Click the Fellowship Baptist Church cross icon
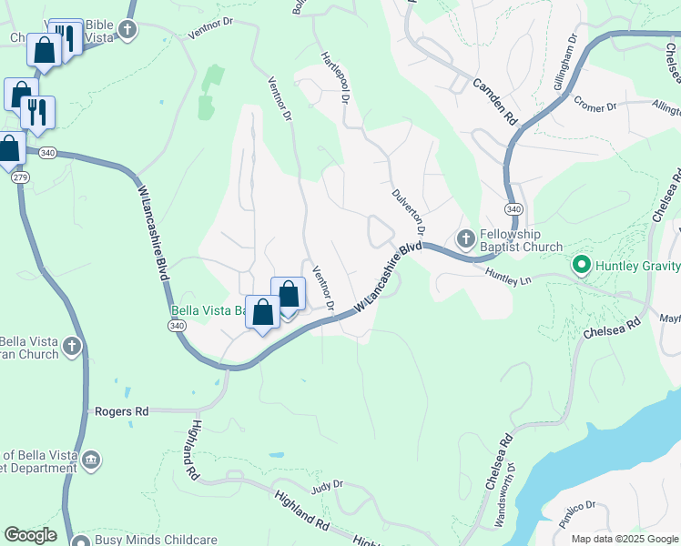(465, 238)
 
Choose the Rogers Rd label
(121, 411)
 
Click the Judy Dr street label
(325, 487)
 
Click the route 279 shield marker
(19, 177)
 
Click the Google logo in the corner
(30, 534)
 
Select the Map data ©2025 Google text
(625, 539)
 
